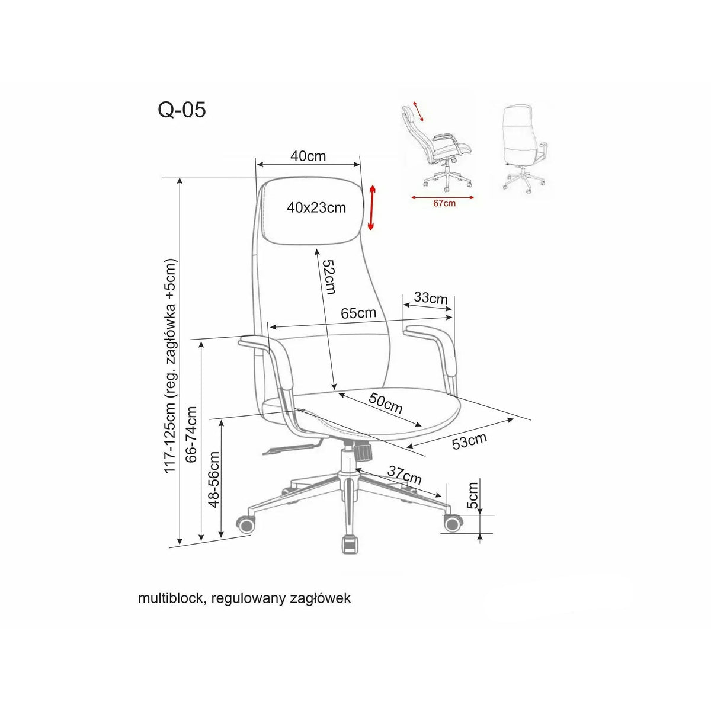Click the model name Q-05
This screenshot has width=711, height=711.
pyautogui.click(x=182, y=110)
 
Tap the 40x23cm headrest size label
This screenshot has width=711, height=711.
pyautogui.click(x=316, y=208)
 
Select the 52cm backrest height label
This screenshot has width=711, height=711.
pyautogui.click(x=329, y=276)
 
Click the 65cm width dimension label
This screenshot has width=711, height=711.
pyautogui.click(x=358, y=313)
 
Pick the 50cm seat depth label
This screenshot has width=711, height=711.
pyautogui.click(x=386, y=403)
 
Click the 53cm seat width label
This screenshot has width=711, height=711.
pyautogui.click(x=470, y=441)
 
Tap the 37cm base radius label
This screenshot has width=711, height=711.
pyautogui.click(x=405, y=475)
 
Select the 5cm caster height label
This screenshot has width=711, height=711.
pyautogui.click(x=472, y=495)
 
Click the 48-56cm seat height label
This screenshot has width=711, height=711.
pyautogui.click(x=213, y=479)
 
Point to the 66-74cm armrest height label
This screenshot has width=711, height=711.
pyautogui.click(x=191, y=434)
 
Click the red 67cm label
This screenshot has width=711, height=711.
pyautogui.click(x=444, y=203)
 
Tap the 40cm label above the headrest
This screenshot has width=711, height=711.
pyautogui.click(x=308, y=156)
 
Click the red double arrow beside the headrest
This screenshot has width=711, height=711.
pyautogui.click(x=372, y=208)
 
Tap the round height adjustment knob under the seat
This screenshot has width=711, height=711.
pyautogui.click(x=363, y=452)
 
